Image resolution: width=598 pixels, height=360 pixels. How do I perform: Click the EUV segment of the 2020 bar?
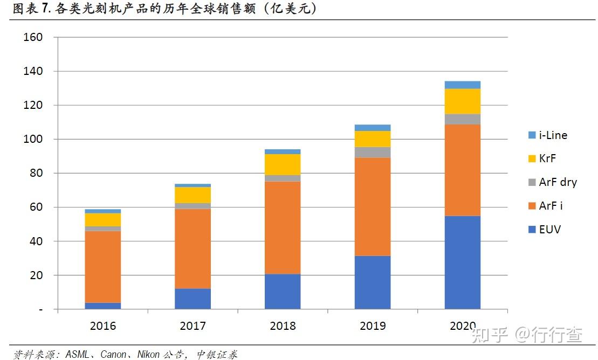[x=462, y=262]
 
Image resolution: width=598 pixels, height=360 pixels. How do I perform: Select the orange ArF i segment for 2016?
[x=102, y=267]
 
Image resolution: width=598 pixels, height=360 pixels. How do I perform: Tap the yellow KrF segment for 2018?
[x=283, y=165]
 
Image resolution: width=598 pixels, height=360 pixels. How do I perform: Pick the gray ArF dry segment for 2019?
[x=373, y=153]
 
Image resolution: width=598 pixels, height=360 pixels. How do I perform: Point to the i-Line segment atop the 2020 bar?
[x=462, y=85]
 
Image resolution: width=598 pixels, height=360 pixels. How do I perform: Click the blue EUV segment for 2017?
[x=193, y=299]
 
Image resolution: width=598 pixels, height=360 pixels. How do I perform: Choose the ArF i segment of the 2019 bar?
[x=373, y=207]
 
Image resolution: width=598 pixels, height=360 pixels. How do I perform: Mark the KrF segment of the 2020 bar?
[x=462, y=101]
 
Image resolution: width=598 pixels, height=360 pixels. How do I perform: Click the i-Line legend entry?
[x=548, y=135]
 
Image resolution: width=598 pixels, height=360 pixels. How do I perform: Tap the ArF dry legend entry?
[x=553, y=182]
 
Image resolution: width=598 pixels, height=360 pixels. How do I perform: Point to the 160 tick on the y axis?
[x=33, y=37]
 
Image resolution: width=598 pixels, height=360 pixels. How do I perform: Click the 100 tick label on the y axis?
[x=33, y=139]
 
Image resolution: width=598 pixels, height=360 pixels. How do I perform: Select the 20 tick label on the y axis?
[x=36, y=275]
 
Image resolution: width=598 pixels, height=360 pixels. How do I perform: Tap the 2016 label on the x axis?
[x=102, y=326]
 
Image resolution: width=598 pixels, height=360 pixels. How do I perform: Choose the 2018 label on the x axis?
[x=283, y=326]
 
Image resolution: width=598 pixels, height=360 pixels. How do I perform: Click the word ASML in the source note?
[x=78, y=354]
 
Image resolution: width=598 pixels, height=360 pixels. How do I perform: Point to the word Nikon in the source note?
[x=148, y=354]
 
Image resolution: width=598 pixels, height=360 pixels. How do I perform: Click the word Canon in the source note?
[x=113, y=354]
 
